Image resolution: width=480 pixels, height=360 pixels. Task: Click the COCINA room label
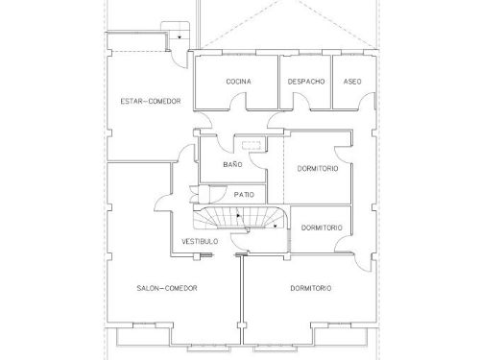click(x=238, y=82)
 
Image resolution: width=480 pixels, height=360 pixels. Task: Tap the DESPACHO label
click(x=306, y=82)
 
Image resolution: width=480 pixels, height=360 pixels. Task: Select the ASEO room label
click(x=352, y=82)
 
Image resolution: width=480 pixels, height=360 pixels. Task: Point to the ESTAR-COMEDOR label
click(x=151, y=101)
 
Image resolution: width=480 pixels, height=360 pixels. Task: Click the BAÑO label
click(x=232, y=164)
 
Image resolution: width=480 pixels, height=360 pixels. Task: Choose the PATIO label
click(x=244, y=195)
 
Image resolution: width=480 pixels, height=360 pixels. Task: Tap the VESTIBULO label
click(x=200, y=241)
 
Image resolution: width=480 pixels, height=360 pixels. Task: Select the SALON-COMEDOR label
click(x=167, y=288)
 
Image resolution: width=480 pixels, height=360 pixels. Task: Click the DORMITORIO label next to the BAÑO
click(x=318, y=168)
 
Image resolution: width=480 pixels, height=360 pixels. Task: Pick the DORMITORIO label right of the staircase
click(x=322, y=228)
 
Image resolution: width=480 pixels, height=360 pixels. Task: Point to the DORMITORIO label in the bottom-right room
click(x=311, y=288)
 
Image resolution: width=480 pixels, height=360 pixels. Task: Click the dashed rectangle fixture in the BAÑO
click(x=252, y=145)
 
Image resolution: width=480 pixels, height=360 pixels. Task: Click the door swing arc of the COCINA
click(x=237, y=96)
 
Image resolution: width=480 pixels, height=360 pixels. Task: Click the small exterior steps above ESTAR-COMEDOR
click(x=175, y=31)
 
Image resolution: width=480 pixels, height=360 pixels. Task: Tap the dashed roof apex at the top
click(x=290, y=1)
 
